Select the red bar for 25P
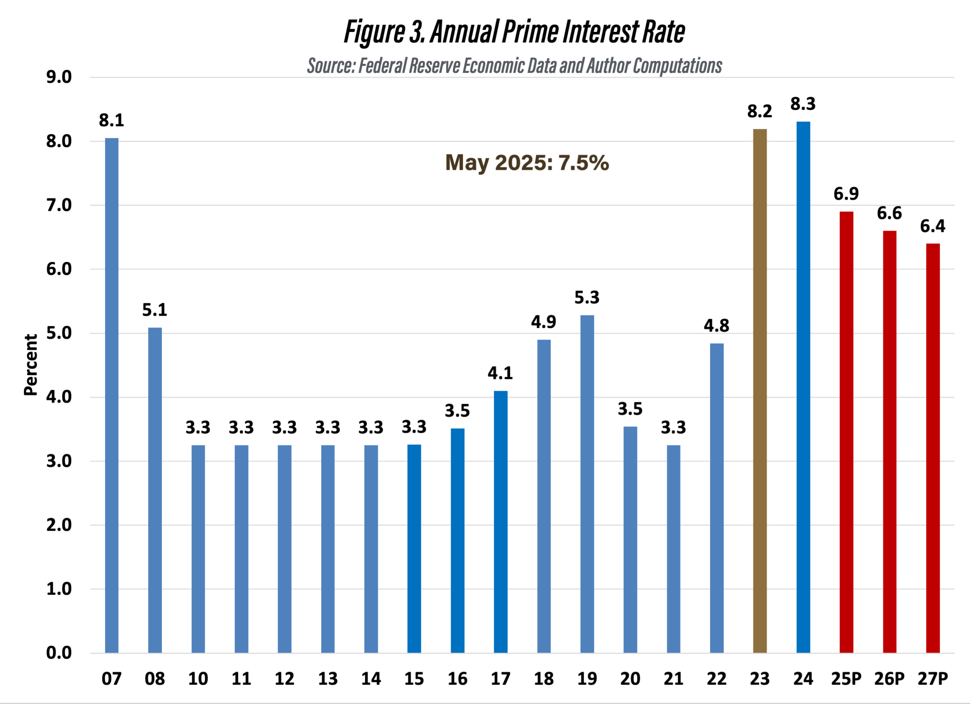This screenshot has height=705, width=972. (846, 432)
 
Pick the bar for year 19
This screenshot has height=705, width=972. (587, 484)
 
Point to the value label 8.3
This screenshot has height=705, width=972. (803, 104)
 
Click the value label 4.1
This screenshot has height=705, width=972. (500, 373)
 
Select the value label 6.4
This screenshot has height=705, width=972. (933, 226)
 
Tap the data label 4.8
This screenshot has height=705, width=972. (716, 326)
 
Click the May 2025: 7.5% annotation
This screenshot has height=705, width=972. (527, 163)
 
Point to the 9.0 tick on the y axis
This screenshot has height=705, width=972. (59, 77)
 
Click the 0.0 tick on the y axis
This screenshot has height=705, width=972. (59, 653)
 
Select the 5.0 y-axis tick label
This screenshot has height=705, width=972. (59, 333)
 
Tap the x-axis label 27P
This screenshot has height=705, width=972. (933, 679)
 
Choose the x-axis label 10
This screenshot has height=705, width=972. (198, 679)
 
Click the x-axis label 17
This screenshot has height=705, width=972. (500, 679)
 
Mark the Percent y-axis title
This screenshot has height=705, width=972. (31, 365)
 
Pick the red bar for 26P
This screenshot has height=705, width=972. (889, 442)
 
